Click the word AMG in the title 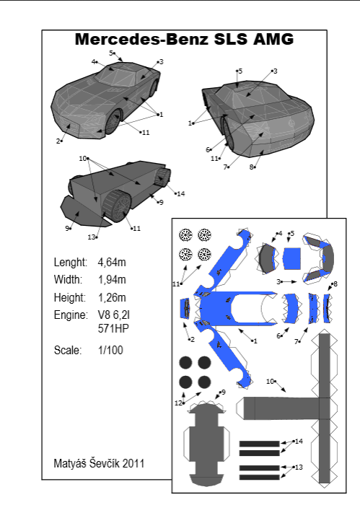click(273, 39)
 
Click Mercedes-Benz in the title click(141, 39)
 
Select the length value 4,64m click(112, 263)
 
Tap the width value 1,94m click(112, 280)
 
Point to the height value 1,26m click(112, 298)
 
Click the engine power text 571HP click(113, 329)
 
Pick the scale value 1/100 click(110, 350)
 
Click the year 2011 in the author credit click(133, 463)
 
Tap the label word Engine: click(71, 315)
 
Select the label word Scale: click(68, 350)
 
